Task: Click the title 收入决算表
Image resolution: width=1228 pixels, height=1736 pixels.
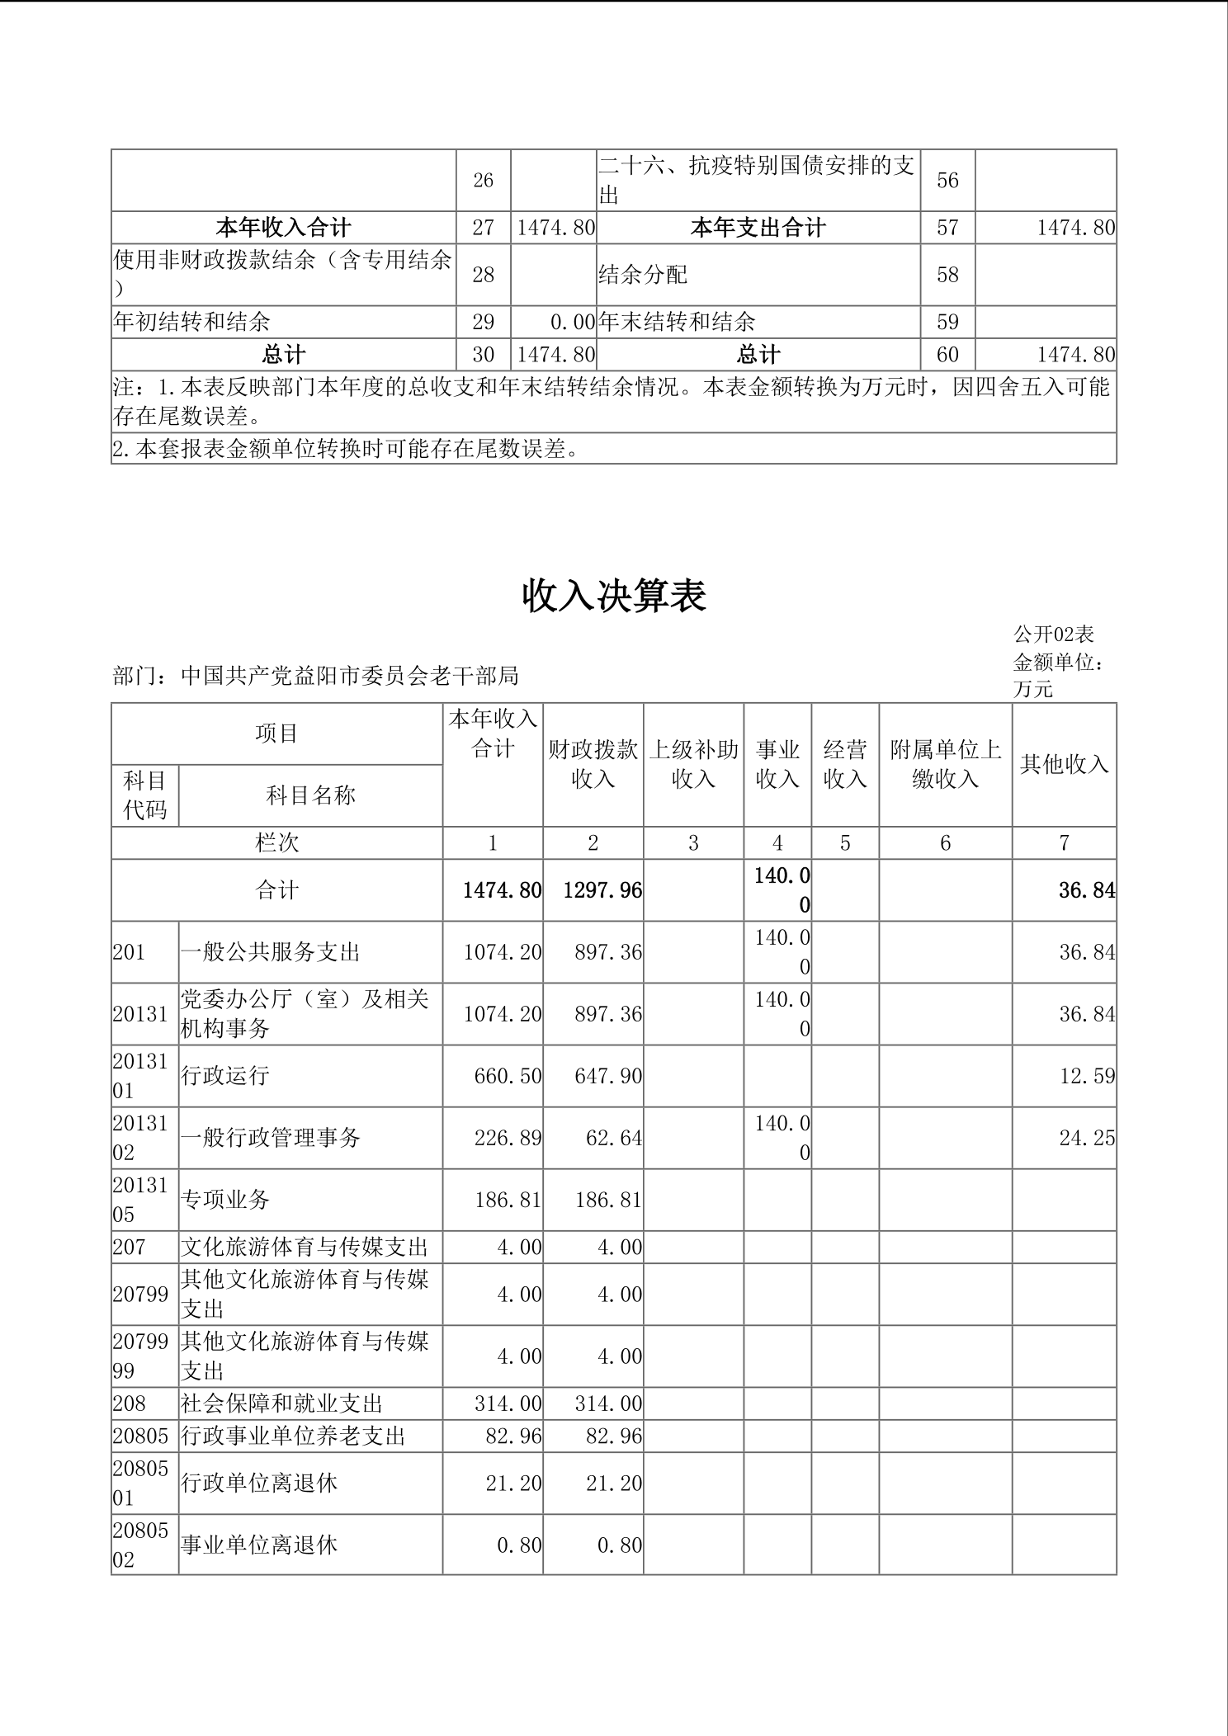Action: coord(614,596)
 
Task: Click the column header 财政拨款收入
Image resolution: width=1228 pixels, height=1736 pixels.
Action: coord(593,764)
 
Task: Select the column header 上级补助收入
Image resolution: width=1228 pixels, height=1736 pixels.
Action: coord(693,764)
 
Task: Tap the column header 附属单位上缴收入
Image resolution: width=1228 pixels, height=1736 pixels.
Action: coord(945,764)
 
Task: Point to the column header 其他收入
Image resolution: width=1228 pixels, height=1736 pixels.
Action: coord(1064,764)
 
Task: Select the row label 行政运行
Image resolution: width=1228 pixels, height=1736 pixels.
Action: coord(225,1076)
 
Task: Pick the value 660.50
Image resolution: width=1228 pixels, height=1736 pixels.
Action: coord(508,1076)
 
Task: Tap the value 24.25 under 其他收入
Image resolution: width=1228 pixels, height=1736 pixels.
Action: coord(1086,1138)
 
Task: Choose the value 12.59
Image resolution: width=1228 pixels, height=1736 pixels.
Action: coord(1086,1076)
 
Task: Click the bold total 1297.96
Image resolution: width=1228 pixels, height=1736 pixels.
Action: coord(602,890)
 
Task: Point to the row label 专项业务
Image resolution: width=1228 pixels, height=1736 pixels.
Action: coord(225,1200)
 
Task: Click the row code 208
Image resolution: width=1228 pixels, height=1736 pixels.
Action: coord(130,1403)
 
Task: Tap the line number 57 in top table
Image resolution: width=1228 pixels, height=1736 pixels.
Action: coord(947,228)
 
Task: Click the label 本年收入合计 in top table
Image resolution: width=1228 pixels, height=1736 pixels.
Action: coord(283,228)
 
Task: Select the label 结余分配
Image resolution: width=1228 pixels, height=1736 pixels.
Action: coord(643,275)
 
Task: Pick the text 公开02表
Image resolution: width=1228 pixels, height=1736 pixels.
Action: coord(1054,634)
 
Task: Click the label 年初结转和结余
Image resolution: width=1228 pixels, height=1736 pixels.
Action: coord(191,322)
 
